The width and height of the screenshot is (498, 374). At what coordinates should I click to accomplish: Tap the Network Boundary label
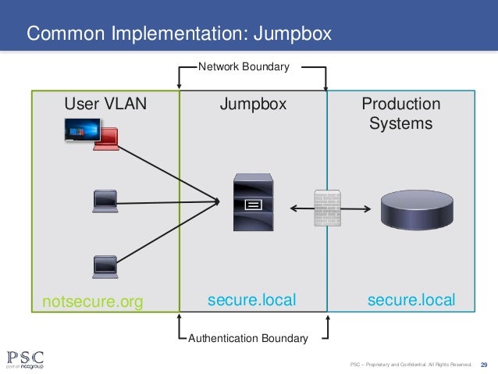pyautogui.click(x=244, y=67)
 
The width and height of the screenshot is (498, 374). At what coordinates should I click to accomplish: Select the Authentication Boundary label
pyautogui.click(x=248, y=338)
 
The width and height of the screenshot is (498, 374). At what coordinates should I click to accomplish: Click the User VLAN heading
pyautogui.click(x=105, y=105)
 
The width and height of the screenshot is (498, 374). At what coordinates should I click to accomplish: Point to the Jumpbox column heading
pyautogui.click(x=253, y=105)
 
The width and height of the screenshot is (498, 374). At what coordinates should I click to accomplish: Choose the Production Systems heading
pyautogui.click(x=401, y=114)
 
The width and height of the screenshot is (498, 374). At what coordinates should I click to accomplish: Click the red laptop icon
pyautogui.click(x=105, y=139)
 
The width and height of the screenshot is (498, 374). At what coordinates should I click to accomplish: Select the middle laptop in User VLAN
pyautogui.click(x=105, y=201)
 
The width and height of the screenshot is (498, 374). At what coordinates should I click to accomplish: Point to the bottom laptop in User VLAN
pyautogui.click(x=105, y=266)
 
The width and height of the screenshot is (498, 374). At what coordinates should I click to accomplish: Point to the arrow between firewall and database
pyautogui.click(x=357, y=208)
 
